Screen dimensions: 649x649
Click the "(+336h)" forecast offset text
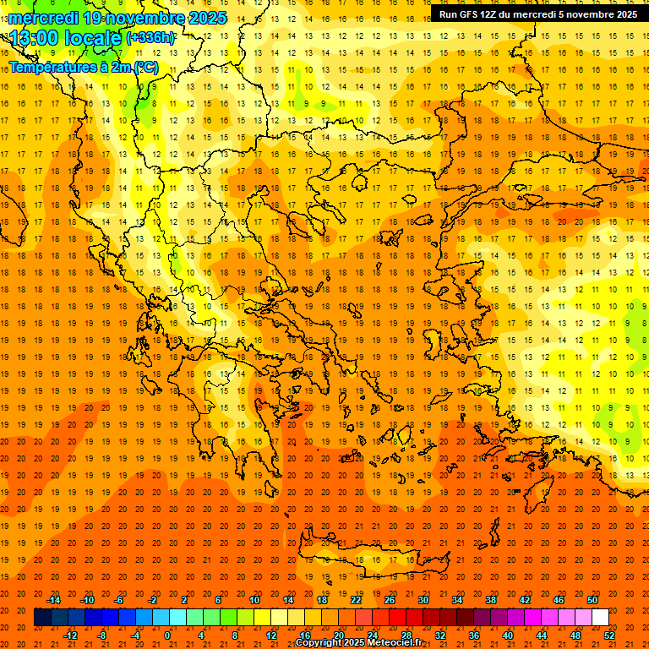151,38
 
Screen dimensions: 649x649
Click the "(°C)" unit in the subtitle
145,67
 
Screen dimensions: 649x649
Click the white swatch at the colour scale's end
600,618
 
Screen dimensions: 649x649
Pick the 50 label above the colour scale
592,600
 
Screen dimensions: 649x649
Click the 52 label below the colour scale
610,635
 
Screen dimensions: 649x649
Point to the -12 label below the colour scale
70,635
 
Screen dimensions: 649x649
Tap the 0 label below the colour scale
168,635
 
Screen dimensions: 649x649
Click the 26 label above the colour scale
390,600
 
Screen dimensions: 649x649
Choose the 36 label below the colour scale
474,635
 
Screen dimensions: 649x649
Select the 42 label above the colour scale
525,600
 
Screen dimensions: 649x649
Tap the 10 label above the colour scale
254,600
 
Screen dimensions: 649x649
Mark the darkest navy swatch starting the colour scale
42,618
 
